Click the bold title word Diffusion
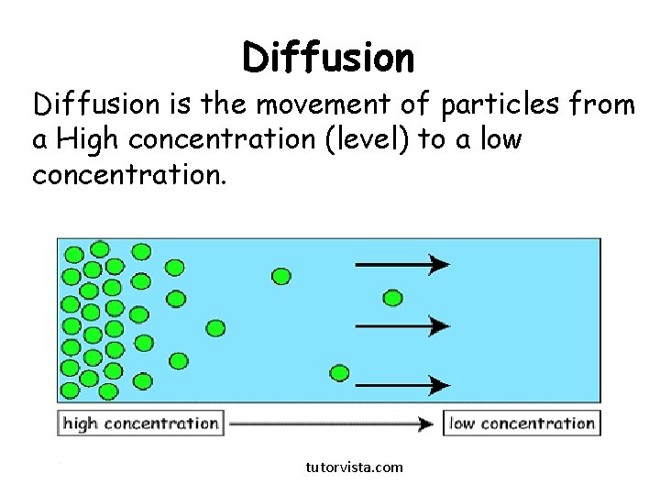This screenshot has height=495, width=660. (x=328, y=58)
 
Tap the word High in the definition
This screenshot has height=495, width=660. (x=87, y=140)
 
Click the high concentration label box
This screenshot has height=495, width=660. (x=141, y=423)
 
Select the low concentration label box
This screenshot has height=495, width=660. (x=522, y=423)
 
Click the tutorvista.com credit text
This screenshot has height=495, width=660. (x=354, y=467)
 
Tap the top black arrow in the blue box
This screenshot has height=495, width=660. (x=401, y=265)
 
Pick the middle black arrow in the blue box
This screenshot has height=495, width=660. (x=401, y=325)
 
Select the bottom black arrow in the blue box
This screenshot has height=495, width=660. (x=401, y=386)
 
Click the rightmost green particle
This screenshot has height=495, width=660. (x=392, y=297)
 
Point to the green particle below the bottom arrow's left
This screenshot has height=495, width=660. (x=339, y=372)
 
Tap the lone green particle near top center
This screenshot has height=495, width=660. (x=281, y=275)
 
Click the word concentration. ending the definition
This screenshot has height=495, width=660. (x=128, y=174)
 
